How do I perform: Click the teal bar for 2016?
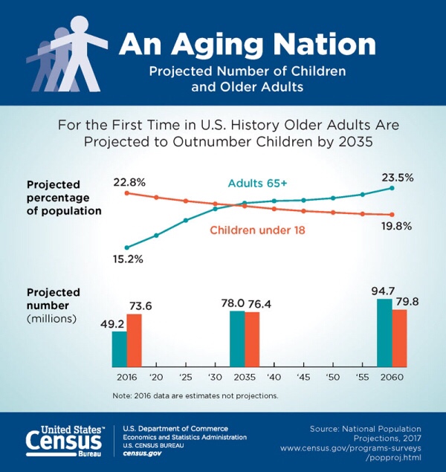tap(120, 349)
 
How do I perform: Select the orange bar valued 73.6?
tap(134, 340)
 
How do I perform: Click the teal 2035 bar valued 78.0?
tap(237, 338)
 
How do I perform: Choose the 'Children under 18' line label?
tap(259, 231)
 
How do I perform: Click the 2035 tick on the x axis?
tap(244, 377)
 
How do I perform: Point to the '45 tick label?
tap(303, 377)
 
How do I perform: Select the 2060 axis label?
tap(392, 377)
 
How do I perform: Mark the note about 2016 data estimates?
tap(196, 395)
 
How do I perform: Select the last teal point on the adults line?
tap(392, 188)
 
